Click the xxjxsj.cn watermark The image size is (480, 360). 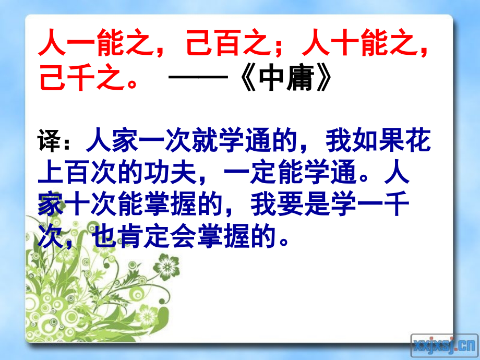(444, 344)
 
